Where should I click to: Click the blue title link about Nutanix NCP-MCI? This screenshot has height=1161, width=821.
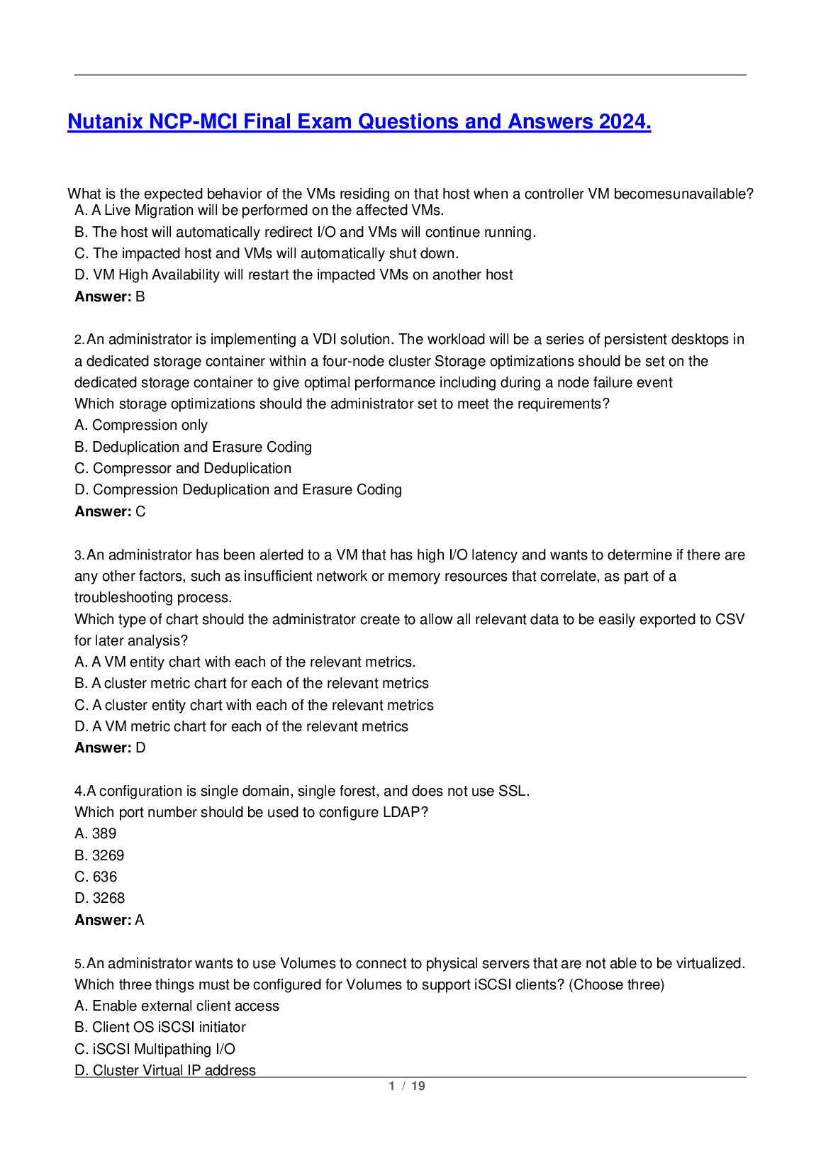click(359, 122)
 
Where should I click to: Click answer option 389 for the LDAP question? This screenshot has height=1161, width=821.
click(96, 834)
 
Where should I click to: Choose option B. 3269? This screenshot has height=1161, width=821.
click(99, 855)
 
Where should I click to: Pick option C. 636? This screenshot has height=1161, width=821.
click(96, 877)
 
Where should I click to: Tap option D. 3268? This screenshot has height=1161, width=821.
click(100, 898)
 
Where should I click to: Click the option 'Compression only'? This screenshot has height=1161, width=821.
click(141, 426)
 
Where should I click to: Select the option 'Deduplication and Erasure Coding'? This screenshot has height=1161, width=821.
click(193, 447)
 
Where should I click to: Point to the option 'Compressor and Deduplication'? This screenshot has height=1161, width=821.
click(183, 468)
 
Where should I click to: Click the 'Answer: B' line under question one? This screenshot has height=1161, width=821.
click(110, 296)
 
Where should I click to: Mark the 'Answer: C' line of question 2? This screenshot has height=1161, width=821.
click(110, 511)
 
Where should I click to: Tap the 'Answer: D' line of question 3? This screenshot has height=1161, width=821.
click(110, 748)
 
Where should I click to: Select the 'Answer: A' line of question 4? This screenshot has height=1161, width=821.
click(109, 920)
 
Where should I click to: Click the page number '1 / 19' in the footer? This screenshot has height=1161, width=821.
click(407, 1086)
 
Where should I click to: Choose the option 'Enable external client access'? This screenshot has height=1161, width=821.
click(177, 1006)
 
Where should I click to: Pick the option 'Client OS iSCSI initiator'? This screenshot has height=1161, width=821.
click(160, 1027)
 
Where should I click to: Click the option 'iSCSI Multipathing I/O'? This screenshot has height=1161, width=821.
click(155, 1049)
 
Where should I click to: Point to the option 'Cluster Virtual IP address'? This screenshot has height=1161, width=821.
click(165, 1070)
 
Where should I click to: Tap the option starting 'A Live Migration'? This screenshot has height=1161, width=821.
click(259, 211)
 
